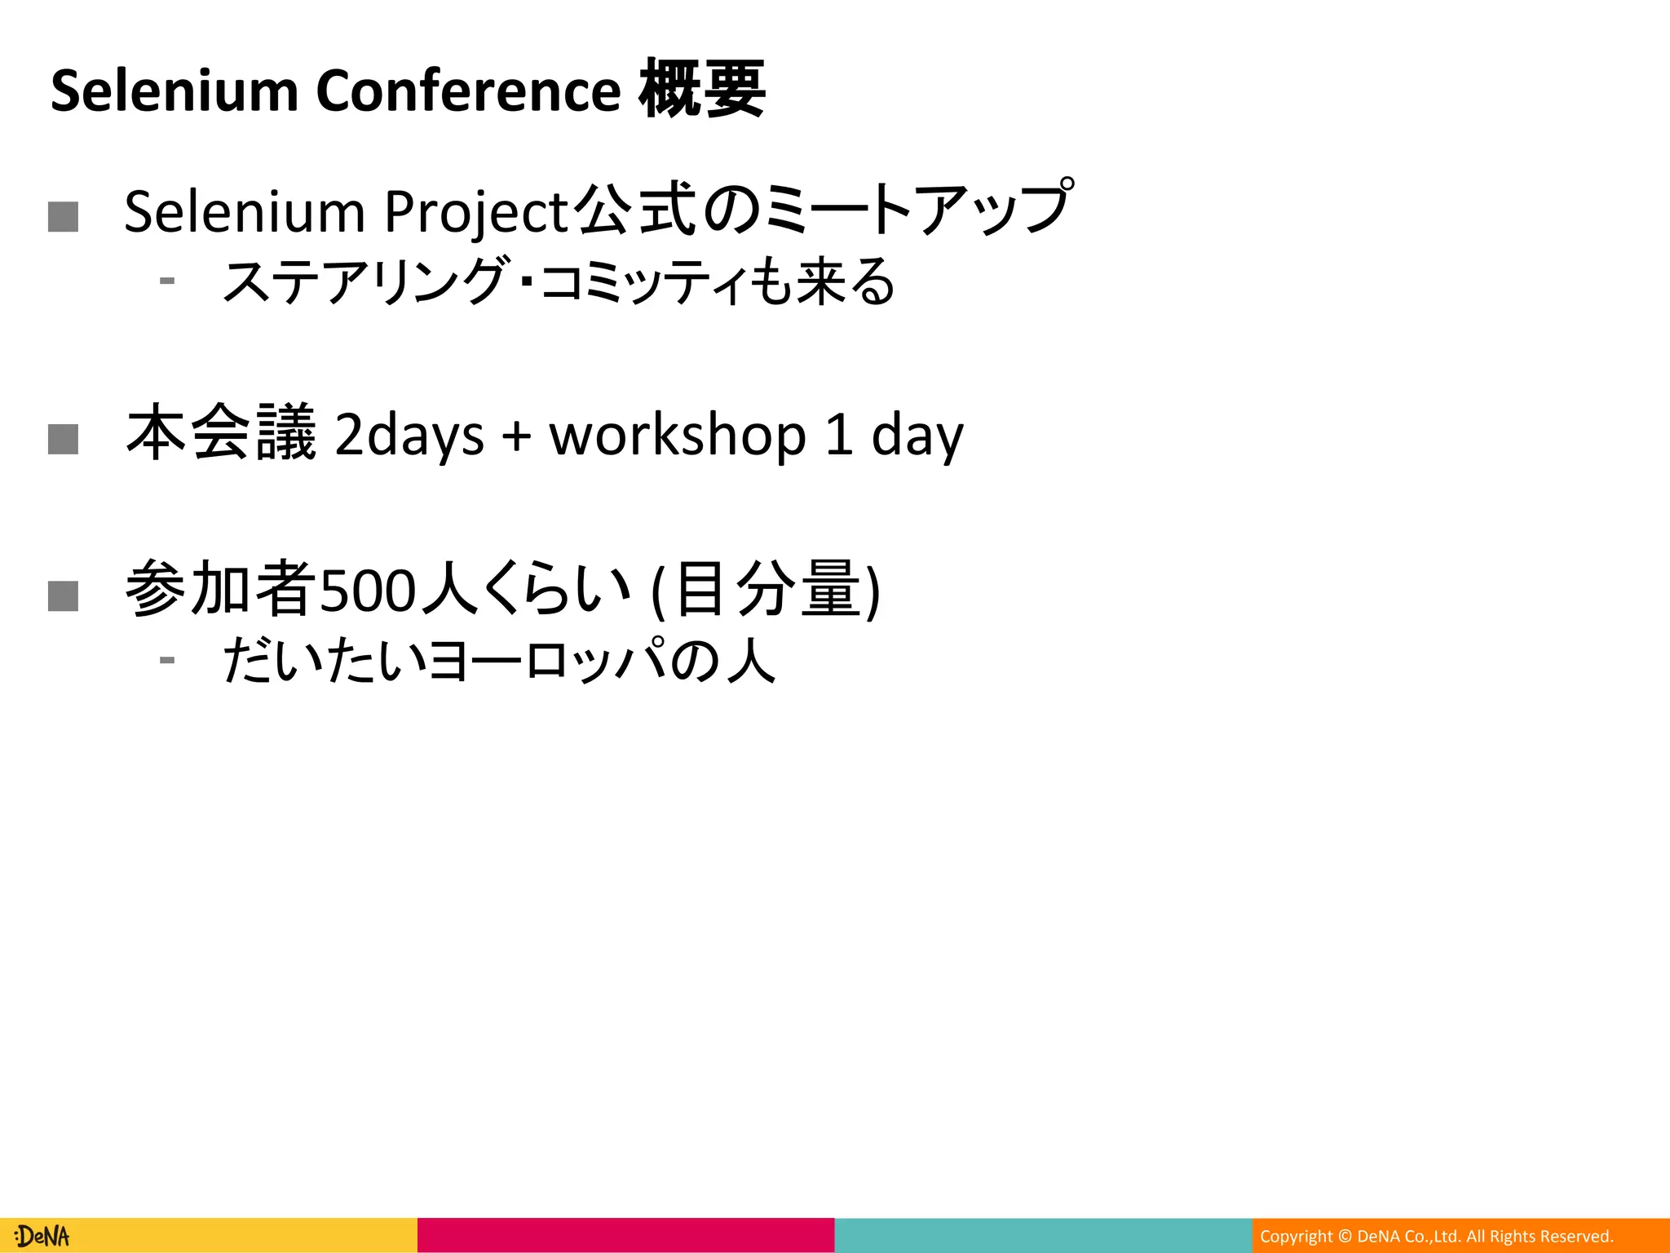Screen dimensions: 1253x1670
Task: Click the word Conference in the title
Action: pos(468,91)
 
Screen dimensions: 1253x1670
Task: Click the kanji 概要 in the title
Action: pos(702,89)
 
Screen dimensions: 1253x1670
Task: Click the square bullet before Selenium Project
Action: pos(64,217)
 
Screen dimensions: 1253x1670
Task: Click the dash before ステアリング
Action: pos(167,281)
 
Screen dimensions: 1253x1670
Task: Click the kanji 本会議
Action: pos(220,433)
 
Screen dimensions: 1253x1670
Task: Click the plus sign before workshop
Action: pos(516,436)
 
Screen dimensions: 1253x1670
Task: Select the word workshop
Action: pos(678,436)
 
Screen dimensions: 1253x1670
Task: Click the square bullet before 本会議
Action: pos(64,439)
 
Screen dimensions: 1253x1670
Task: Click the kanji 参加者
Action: pos(220,588)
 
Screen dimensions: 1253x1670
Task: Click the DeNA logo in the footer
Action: pos(42,1236)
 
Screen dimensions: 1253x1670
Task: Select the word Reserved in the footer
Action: pos(1578,1237)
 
